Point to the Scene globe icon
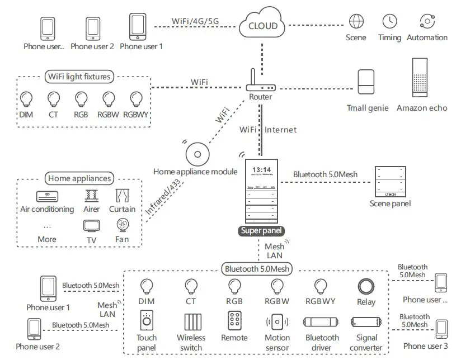pyautogui.click(x=356, y=21)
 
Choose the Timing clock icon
pyautogui.click(x=389, y=21)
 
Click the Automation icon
pyautogui.click(x=427, y=21)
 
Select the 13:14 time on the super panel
pyautogui.click(x=261, y=169)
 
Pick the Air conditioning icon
pyautogui.click(x=47, y=196)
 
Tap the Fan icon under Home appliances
pyautogui.click(x=122, y=225)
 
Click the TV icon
pyautogui.click(x=91, y=226)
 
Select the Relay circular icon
pyautogui.click(x=365, y=286)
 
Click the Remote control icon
pyautogui.click(x=234, y=321)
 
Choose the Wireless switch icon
pyautogui.click(x=191, y=323)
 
